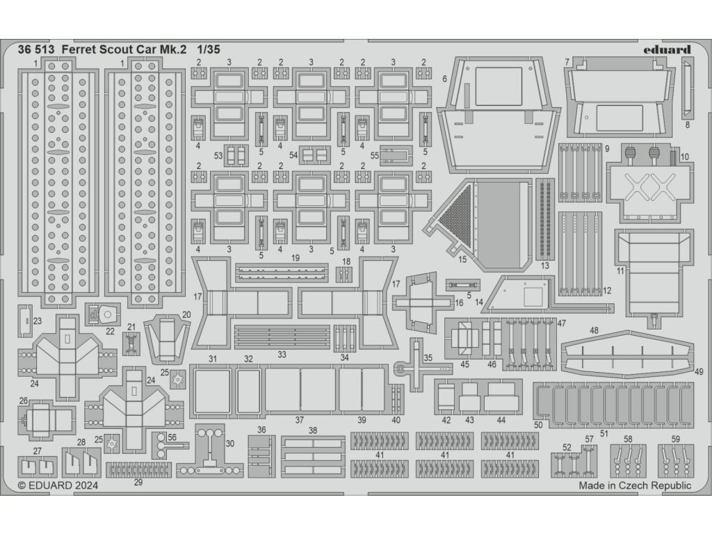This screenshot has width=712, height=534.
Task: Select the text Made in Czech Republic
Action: pos(635,486)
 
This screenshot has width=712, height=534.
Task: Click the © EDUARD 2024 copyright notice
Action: pos(58,486)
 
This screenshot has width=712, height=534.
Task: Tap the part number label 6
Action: pos(444,79)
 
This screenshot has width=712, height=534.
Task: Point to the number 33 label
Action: pos(282,354)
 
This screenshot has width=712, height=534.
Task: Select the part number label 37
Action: pos(300,419)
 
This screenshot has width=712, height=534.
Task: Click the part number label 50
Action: pos(538,424)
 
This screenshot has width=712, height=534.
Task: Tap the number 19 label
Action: pos(296,257)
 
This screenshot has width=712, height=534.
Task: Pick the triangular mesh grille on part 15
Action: pos(456,208)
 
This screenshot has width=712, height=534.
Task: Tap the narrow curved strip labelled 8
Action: pos(686,89)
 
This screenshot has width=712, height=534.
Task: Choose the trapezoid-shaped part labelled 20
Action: pos(167,336)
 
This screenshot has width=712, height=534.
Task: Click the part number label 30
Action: pos(230,443)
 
